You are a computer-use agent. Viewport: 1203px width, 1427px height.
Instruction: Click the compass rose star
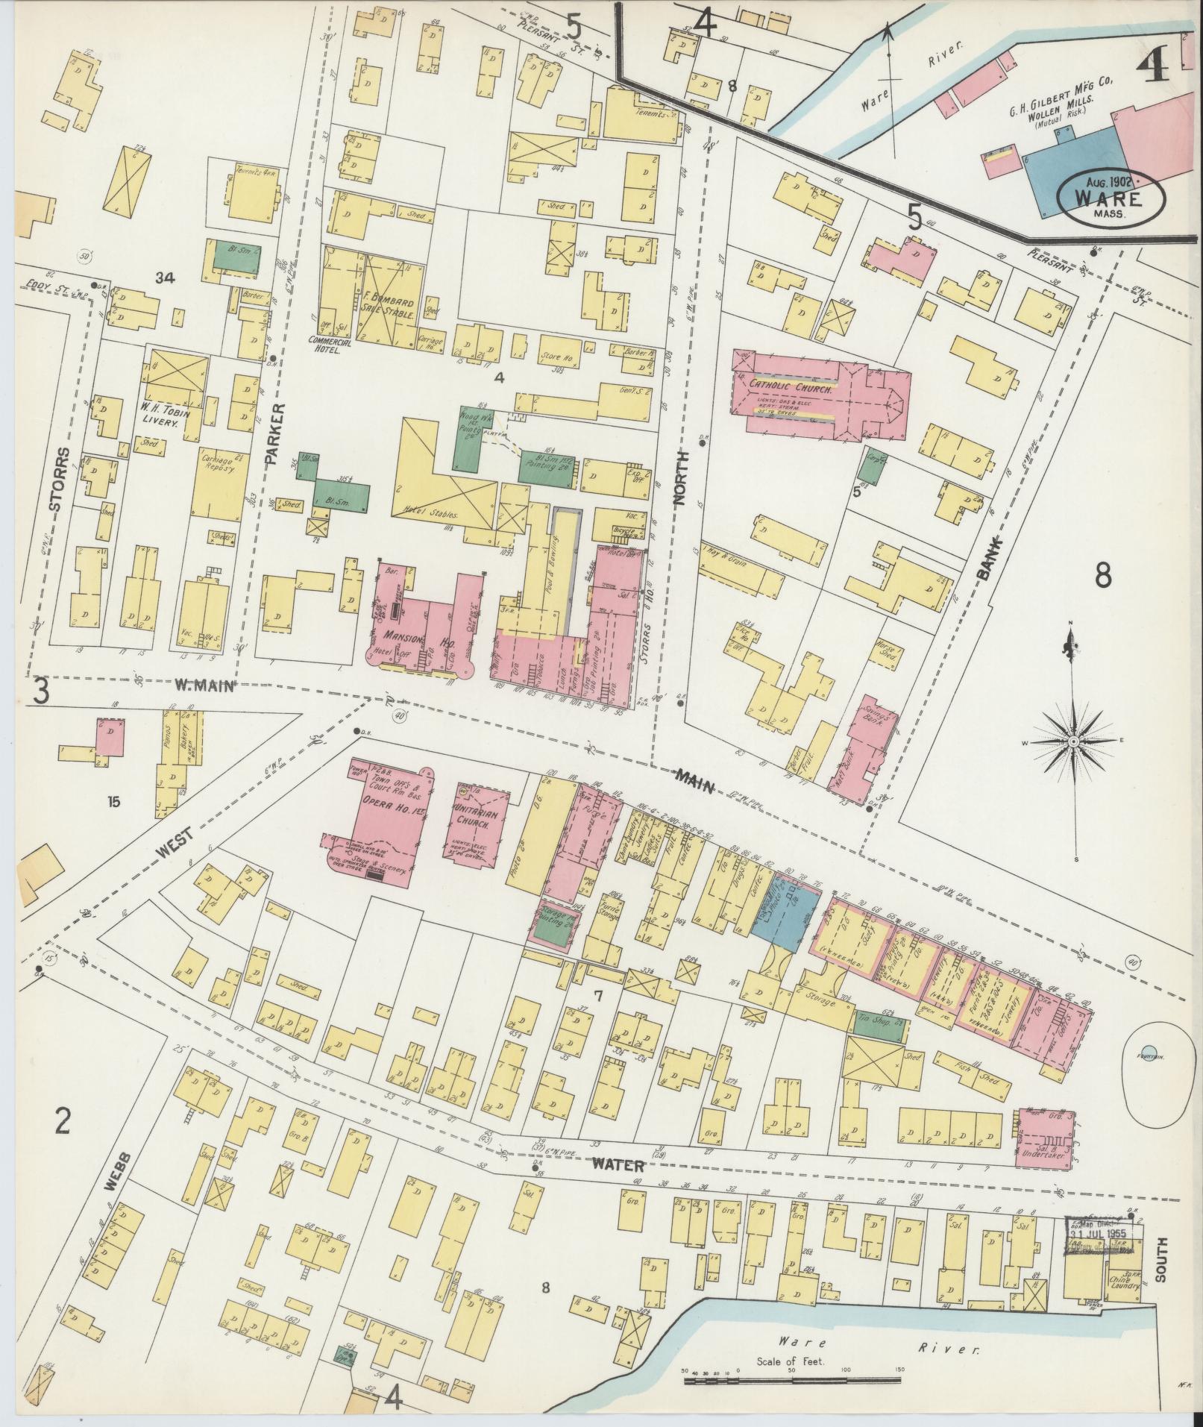click(x=1073, y=741)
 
